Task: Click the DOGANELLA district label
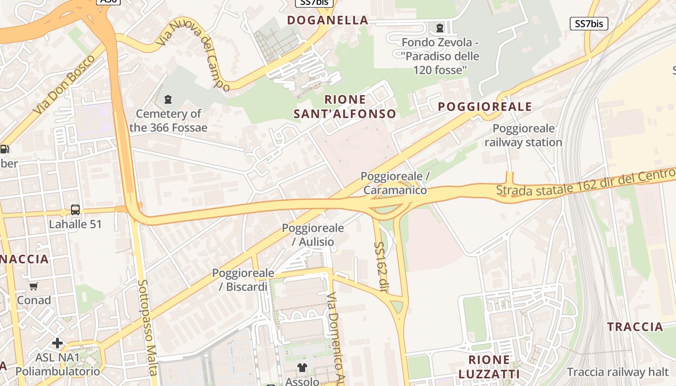click(327, 20)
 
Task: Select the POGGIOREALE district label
click(485, 107)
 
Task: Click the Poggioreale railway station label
click(523, 136)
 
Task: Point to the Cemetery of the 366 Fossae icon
click(168, 99)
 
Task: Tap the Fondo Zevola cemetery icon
click(439, 28)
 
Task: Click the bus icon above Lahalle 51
click(75, 210)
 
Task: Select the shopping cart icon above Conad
click(34, 287)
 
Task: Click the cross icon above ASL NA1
click(57, 343)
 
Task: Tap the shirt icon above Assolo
click(302, 368)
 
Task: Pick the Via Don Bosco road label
click(64, 85)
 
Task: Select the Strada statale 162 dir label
click(584, 183)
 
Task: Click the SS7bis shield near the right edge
click(589, 24)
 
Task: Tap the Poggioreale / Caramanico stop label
click(395, 183)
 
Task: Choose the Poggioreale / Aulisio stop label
click(313, 234)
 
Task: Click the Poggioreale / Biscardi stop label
click(243, 280)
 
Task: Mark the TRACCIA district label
click(635, 327)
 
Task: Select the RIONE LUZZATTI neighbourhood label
click(489, 367)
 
